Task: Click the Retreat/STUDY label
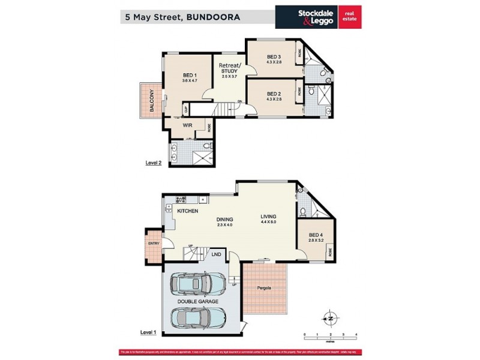(229, 68)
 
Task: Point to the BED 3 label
(274, 57)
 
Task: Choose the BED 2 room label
(274, 94)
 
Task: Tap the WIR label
(187, 125)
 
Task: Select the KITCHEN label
(187, 211)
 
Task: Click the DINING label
(224, 219)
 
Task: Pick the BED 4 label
(316, 235)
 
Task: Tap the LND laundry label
(215, 255)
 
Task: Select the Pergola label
(265, 287)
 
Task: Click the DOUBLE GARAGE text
(197, 301)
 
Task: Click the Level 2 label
(154, 162)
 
